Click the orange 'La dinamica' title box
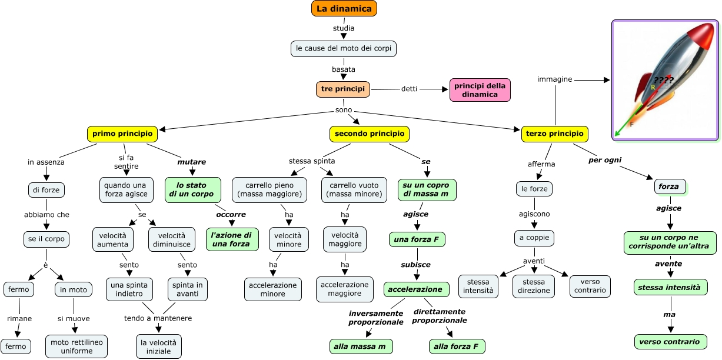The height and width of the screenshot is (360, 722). [x=344, y=9]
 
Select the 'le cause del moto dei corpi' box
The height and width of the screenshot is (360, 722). [x=344, y=48]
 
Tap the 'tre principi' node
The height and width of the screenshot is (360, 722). [x=343, y=89]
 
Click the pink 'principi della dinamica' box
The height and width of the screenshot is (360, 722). [x=480, y=90]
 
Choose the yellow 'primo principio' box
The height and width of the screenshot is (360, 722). [x=122, y=134]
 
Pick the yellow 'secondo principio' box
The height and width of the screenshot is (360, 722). [x=369, y=134]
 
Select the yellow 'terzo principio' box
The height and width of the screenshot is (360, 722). [x=554, y=134]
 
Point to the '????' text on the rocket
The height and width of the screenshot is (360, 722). [x=664, y=80]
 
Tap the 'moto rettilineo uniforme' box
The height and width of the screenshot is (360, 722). [x=76, y=346]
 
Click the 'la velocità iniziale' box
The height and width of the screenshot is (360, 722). [x=159, y=346]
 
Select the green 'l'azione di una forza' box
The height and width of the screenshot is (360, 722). [x=232, y=239]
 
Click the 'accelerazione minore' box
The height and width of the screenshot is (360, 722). [x=272, y=289]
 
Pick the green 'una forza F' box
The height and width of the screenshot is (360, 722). [x=417, y=239]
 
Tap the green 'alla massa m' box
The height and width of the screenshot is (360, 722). [x=361, y=346]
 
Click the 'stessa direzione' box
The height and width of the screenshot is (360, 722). [x=534, y=286]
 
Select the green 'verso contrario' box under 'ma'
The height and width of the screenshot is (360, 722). [x=670, y=342]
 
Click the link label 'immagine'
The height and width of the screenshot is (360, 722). [x=554, y=79]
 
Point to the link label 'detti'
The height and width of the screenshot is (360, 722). [x=409, y=89]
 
